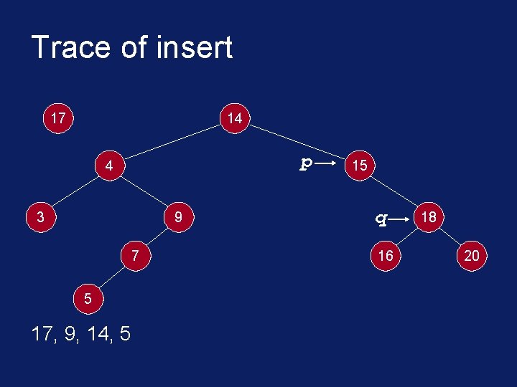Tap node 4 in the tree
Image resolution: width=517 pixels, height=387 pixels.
(109, 166)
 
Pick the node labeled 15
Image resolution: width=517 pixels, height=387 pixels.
(360, 166)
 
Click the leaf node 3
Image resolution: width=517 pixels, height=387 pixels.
(42, 216)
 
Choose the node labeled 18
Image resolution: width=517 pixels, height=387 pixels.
(429, 216)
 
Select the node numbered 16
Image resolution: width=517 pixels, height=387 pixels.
(386, 256)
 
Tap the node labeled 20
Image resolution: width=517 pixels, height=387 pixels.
(472, 256)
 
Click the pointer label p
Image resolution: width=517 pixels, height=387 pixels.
(305, 164)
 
